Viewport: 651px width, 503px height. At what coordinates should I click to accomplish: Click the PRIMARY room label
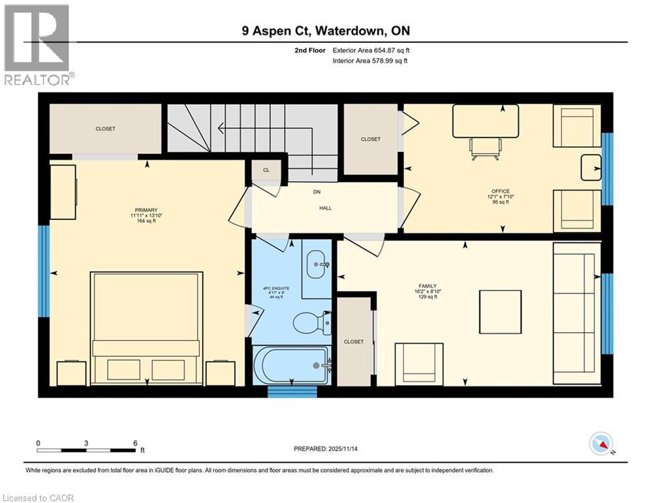tap(143, 210)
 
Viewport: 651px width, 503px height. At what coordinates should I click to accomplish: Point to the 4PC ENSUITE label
tap(272, 289)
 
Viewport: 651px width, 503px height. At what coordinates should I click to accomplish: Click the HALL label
tap(325, 208)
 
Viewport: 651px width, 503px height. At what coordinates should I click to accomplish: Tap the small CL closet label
tap(266, 170)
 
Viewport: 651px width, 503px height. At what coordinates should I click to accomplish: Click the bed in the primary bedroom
tap(145, 327)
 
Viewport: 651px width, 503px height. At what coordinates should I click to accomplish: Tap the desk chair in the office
tap(485, 148)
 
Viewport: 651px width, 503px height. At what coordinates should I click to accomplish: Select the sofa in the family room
tap(576, 313)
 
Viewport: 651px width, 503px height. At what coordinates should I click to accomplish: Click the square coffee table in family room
tap(500, 312)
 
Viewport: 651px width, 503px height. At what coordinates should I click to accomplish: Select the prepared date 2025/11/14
tap(331, 449)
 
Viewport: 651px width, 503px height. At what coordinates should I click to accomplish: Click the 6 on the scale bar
tap(135, 443)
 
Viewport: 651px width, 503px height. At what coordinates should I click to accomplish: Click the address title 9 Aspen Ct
tap(326, 31)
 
